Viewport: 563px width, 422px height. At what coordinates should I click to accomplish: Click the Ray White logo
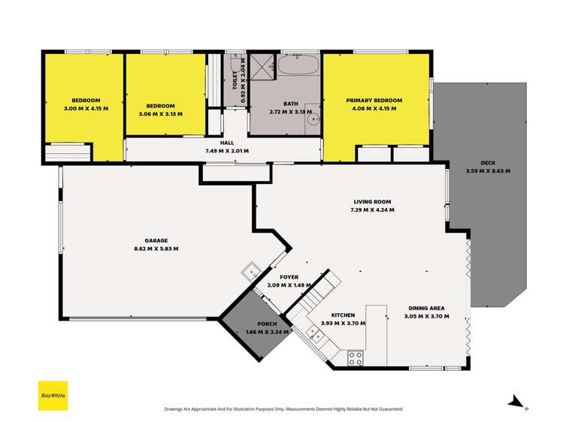tap(53, 395)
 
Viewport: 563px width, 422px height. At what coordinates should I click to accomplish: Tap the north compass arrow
tap(516, 401)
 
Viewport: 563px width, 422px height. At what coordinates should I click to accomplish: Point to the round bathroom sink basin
tap(316, 119)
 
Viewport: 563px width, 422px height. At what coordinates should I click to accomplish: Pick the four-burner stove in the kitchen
tap(356, 358)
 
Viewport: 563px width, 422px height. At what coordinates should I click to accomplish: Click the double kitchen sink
tap(316, 336)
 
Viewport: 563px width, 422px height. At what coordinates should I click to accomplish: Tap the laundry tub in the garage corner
tap(250, 270)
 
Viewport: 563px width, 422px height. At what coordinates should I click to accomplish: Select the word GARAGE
tap(156, 241)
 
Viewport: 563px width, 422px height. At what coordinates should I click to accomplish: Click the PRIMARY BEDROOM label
tap(374, 101)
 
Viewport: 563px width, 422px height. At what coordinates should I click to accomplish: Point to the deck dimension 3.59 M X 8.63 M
tap(488, 171)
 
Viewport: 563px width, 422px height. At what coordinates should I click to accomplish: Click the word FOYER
tap(289, 277)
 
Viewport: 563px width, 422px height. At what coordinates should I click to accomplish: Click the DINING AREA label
tap(426, 309)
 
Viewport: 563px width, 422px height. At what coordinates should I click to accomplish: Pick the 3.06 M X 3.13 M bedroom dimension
tap(161, 114)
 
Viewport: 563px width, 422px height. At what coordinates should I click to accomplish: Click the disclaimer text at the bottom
tap(283, 409)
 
